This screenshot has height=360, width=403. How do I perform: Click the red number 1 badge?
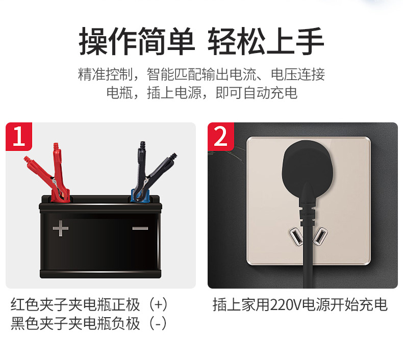point(19,137)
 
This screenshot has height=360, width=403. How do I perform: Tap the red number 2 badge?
point(221,137)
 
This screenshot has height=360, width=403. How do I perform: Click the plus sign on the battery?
point(61,228)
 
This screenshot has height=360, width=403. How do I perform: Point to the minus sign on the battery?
point(140,228)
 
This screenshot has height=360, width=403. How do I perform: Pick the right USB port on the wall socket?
point(320,237)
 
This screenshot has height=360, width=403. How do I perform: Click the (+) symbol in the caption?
point(158,305)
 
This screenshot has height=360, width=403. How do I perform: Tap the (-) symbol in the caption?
point(158,324)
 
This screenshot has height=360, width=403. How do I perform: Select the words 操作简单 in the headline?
point(137,42)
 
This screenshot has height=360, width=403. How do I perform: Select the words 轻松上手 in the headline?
point(266,42)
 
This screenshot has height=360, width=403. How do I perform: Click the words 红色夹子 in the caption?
point(39,305)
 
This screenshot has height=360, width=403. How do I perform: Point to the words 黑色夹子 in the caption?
point(39,324)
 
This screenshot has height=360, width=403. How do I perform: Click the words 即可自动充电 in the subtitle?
point(256,93)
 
